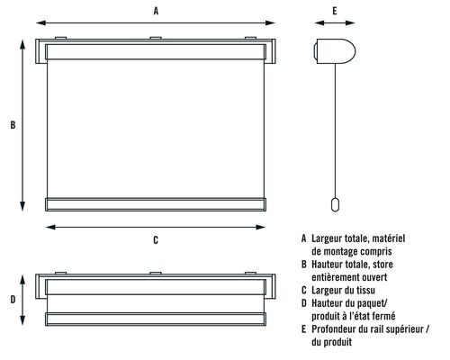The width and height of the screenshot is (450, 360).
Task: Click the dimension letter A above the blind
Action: tap(156, 11)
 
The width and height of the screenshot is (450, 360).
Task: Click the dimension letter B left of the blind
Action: tap(13, 125)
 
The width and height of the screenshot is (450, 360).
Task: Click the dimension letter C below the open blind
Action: tap(156, 239)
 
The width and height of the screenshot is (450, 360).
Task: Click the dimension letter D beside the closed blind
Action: tap(13, 300)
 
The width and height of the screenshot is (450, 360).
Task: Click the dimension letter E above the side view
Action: tap(334, 11)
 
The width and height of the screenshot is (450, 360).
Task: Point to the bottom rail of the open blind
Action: tap(156, 203)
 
